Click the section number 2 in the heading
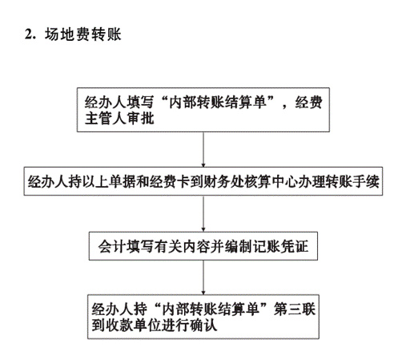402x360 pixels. (x=28, y=34)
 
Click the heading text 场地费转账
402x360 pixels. (x=83, y=34)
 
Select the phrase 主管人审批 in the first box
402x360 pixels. (x=119, y=119)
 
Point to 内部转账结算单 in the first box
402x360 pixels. (x=218, y=102)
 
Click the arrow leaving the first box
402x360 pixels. (x=203, y=150)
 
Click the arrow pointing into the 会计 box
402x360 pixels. (x=203, y=214)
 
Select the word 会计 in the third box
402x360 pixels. (x=111, y=246)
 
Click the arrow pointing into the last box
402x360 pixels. (x=203, y=277)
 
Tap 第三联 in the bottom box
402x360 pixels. (x=295, y=309)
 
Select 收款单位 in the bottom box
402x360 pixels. (x=134, y=326)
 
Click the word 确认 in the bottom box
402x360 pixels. (x=203, y=326)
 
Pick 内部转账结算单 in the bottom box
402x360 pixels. (x=211, y=309)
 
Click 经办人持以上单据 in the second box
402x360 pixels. (x=82, y=182)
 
